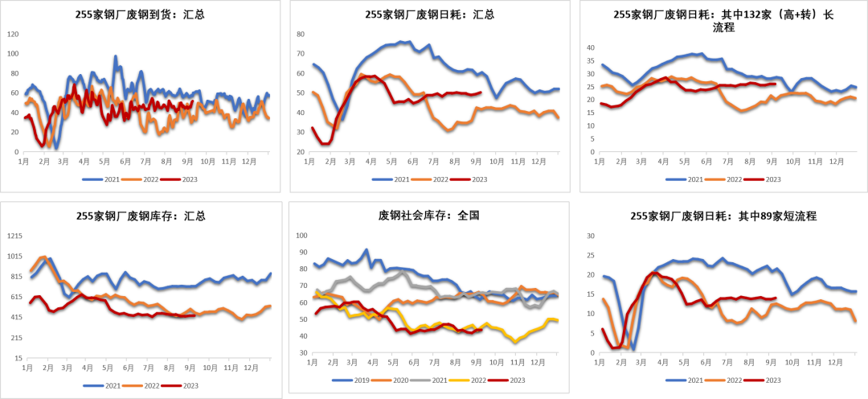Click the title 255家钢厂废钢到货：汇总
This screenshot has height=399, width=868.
click(x=140, y=15)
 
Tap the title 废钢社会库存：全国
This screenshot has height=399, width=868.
click(x=429, y=216)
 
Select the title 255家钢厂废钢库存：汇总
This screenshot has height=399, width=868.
click(x=141, y=216)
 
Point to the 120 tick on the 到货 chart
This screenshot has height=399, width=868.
click(x=13, y=35)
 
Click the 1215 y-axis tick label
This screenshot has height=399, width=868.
click(x=14, y=236)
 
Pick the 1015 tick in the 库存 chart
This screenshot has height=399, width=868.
click(x=14, y=256)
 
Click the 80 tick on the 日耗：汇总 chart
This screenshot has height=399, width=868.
click(x=301, y=35)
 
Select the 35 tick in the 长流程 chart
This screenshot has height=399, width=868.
click(x=590, y=61)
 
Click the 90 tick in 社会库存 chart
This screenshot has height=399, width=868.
click(x=301, y=252)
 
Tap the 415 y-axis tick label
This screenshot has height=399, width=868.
click(x=15, y=317)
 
